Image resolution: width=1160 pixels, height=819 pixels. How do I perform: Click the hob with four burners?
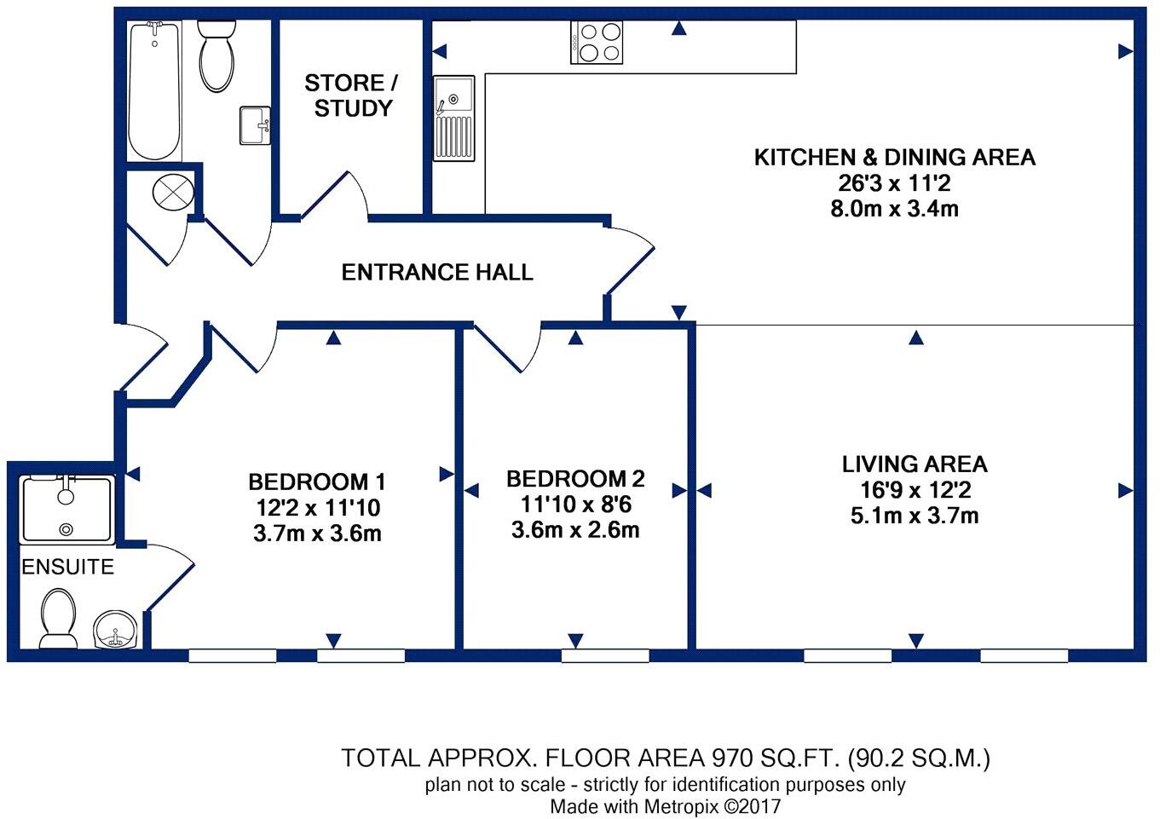pos(597,43)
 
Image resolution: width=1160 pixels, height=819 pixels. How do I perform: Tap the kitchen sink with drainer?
pos(453,118)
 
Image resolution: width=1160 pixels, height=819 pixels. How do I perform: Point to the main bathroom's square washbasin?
pos(255,126)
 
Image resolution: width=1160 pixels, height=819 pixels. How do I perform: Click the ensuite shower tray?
pos(67,510)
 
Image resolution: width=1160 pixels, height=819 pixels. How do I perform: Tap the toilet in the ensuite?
pos(58,620)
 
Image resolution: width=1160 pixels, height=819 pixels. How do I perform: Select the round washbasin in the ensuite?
pos(115,630)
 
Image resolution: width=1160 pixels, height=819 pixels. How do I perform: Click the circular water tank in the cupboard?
pos(173,192)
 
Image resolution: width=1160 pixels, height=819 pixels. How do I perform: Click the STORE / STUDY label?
pos(351,95)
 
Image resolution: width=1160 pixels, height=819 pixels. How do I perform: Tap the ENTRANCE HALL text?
pos(437,273)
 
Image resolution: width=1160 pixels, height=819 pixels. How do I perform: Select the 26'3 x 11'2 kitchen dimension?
pos(894,183)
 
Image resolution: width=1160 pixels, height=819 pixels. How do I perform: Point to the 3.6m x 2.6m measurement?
pos(575,530)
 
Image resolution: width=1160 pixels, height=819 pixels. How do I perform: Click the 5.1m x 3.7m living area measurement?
pos(915,516)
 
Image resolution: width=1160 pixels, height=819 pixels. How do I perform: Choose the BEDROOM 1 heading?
pos(317,482)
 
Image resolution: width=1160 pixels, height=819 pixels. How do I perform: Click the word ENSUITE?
pos(67,568)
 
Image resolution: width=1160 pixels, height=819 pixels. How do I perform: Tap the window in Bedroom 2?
pos(605,655)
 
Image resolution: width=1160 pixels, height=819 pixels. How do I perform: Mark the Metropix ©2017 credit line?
pos(665,806)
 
